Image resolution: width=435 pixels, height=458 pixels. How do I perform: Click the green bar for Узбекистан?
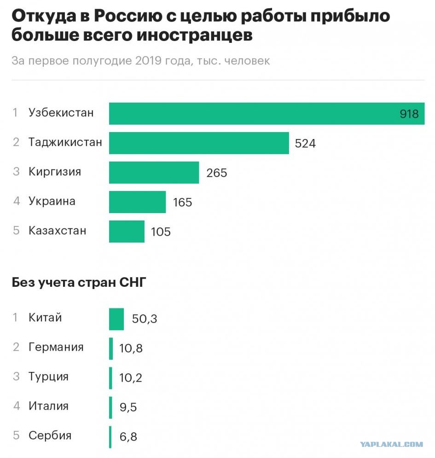click(267, 114)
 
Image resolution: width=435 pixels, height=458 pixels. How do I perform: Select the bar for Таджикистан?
click(199, 143)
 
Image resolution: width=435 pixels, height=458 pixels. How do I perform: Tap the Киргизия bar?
click(154, 173)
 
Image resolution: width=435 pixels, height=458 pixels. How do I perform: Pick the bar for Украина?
click(137, 202)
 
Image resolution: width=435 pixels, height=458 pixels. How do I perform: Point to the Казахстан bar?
click(127, 232)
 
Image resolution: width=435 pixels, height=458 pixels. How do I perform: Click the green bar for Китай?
click(116, 319)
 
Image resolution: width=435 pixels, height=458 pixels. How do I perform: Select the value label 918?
click(409, 114)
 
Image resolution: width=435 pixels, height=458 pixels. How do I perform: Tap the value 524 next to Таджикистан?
click(305, 144)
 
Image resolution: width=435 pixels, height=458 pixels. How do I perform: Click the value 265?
click(217, 173)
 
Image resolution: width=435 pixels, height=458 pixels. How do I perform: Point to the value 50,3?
click(145, 319)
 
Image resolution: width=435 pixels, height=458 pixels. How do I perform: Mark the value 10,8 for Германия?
click(131, 348)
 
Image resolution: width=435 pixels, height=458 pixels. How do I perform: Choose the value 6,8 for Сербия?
click(128, 437)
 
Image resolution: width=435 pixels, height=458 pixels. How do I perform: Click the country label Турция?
click(48, 377)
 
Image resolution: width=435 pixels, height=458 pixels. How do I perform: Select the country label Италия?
click(48, 406)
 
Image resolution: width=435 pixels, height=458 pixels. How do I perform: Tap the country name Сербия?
click(50, 435)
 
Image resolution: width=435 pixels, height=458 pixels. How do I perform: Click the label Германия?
click(56, 347)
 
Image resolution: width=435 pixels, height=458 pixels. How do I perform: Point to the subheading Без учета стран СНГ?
click(79, 283)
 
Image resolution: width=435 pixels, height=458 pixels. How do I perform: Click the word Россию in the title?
click(128, 16)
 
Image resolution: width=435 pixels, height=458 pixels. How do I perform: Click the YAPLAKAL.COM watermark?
click(391, 445)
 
